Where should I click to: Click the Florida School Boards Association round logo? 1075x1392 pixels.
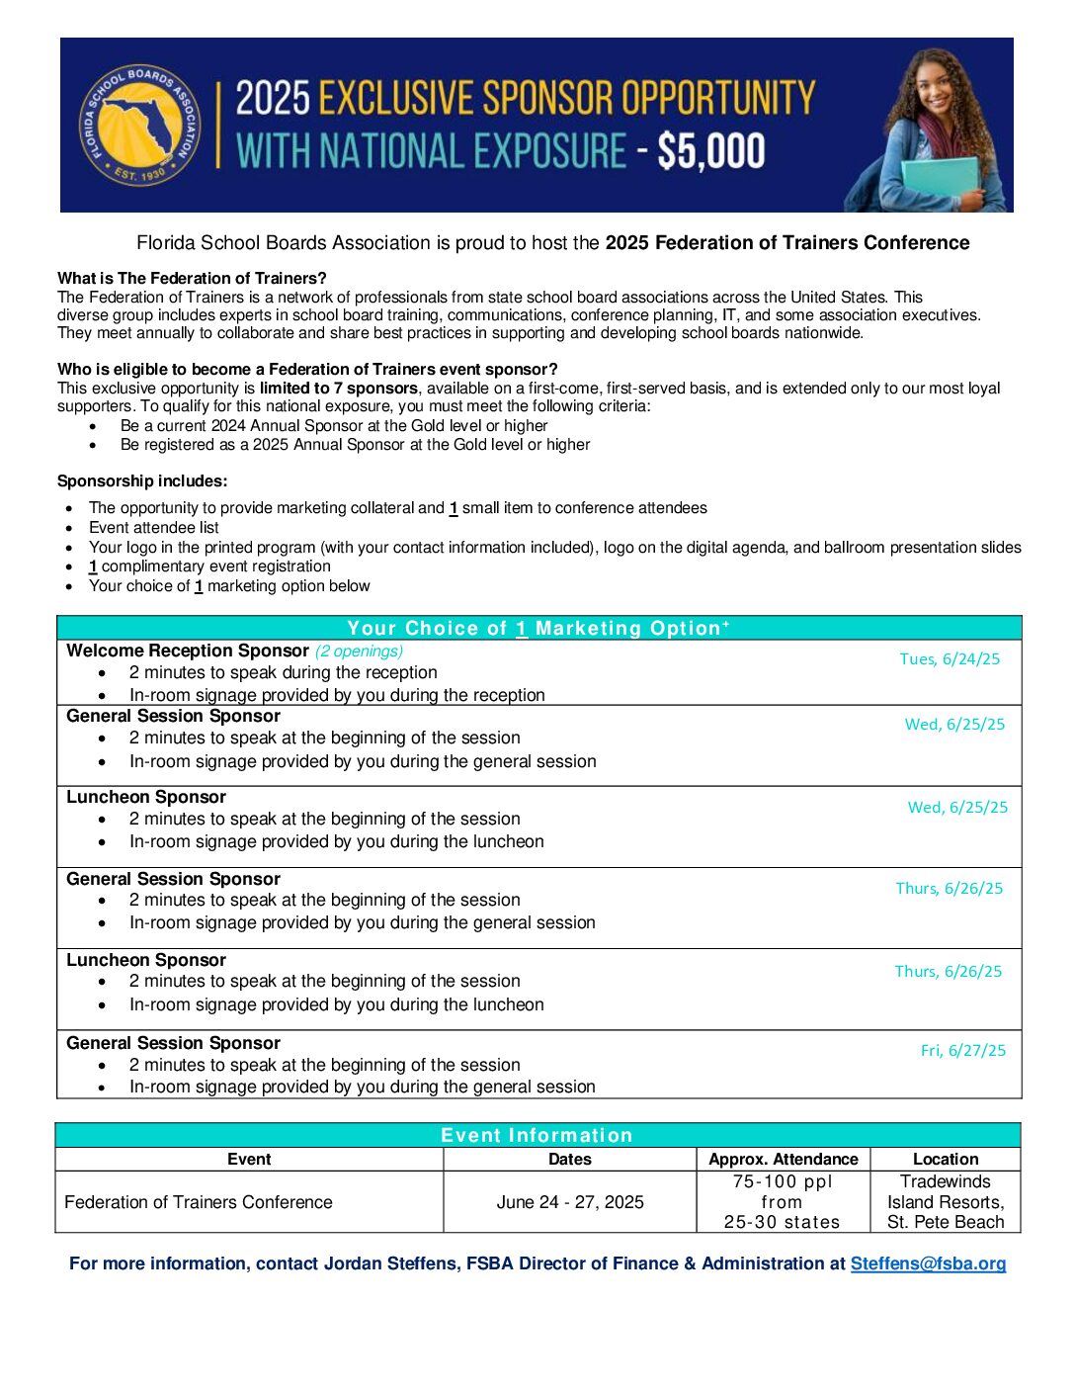139,126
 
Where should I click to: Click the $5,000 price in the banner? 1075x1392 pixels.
710,151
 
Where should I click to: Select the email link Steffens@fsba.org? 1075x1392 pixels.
928,1263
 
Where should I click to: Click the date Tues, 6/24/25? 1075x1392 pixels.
950,659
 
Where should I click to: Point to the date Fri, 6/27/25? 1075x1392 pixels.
962,1051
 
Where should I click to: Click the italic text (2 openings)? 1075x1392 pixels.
359,651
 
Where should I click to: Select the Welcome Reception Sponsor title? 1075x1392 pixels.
188,651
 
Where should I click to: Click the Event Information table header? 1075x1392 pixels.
537,1135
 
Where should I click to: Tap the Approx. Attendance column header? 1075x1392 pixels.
784,1159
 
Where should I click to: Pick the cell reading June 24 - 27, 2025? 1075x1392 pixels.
570,1202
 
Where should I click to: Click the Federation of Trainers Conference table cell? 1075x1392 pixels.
199,1202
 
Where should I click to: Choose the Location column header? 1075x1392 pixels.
946,1159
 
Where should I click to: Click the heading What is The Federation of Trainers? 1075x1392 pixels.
192,278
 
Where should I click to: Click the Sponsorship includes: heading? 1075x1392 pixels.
142,481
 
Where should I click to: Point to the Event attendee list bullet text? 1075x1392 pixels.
154,527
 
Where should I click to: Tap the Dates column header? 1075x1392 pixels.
570,1159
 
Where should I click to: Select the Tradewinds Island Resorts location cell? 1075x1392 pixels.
946,1201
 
